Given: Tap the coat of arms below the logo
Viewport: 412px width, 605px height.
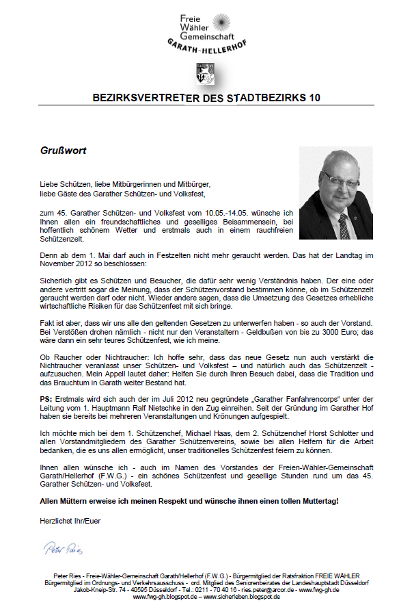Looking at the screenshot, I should point(204,73).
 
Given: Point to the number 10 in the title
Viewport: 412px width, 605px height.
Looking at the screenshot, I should point(314,98).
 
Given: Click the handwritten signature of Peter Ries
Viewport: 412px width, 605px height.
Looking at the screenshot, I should point(63,548).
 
